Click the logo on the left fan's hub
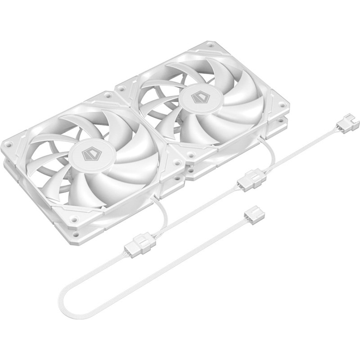click(90, 154)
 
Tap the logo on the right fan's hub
click(198, 98)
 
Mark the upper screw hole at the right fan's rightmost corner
click(282, 105)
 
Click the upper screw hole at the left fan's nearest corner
click(74, 219)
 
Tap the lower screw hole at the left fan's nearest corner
click(76, 234)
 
